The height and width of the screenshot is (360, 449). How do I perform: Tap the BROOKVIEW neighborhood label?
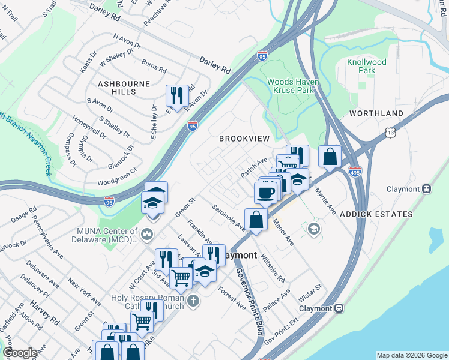click(x=244, y=139)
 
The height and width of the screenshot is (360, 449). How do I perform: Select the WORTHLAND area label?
click(x=376, y=113)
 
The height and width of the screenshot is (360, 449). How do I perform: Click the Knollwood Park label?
click(x=366, y=66)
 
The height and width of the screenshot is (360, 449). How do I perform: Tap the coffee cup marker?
click(x=265, y=193)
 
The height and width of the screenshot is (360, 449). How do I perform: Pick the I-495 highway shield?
click(x=355, y=171)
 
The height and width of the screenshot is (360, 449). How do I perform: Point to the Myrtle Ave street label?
click(x=326, y=200)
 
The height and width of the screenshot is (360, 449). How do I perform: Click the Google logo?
click(x=20, y=353)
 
